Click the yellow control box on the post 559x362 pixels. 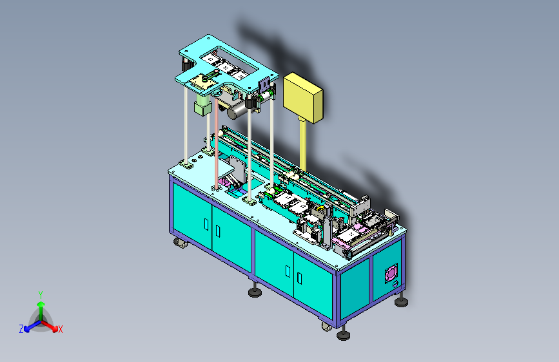pos(303,97)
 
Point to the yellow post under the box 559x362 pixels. pos(303,144)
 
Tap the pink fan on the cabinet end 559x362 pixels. pos(391,273)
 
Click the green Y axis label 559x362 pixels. pos(41,294)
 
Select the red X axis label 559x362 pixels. pos(60,329)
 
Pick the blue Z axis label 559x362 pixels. pos(21,329)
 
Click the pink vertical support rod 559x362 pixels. pos(217,142)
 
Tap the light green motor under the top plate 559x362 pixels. pos(202,104)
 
